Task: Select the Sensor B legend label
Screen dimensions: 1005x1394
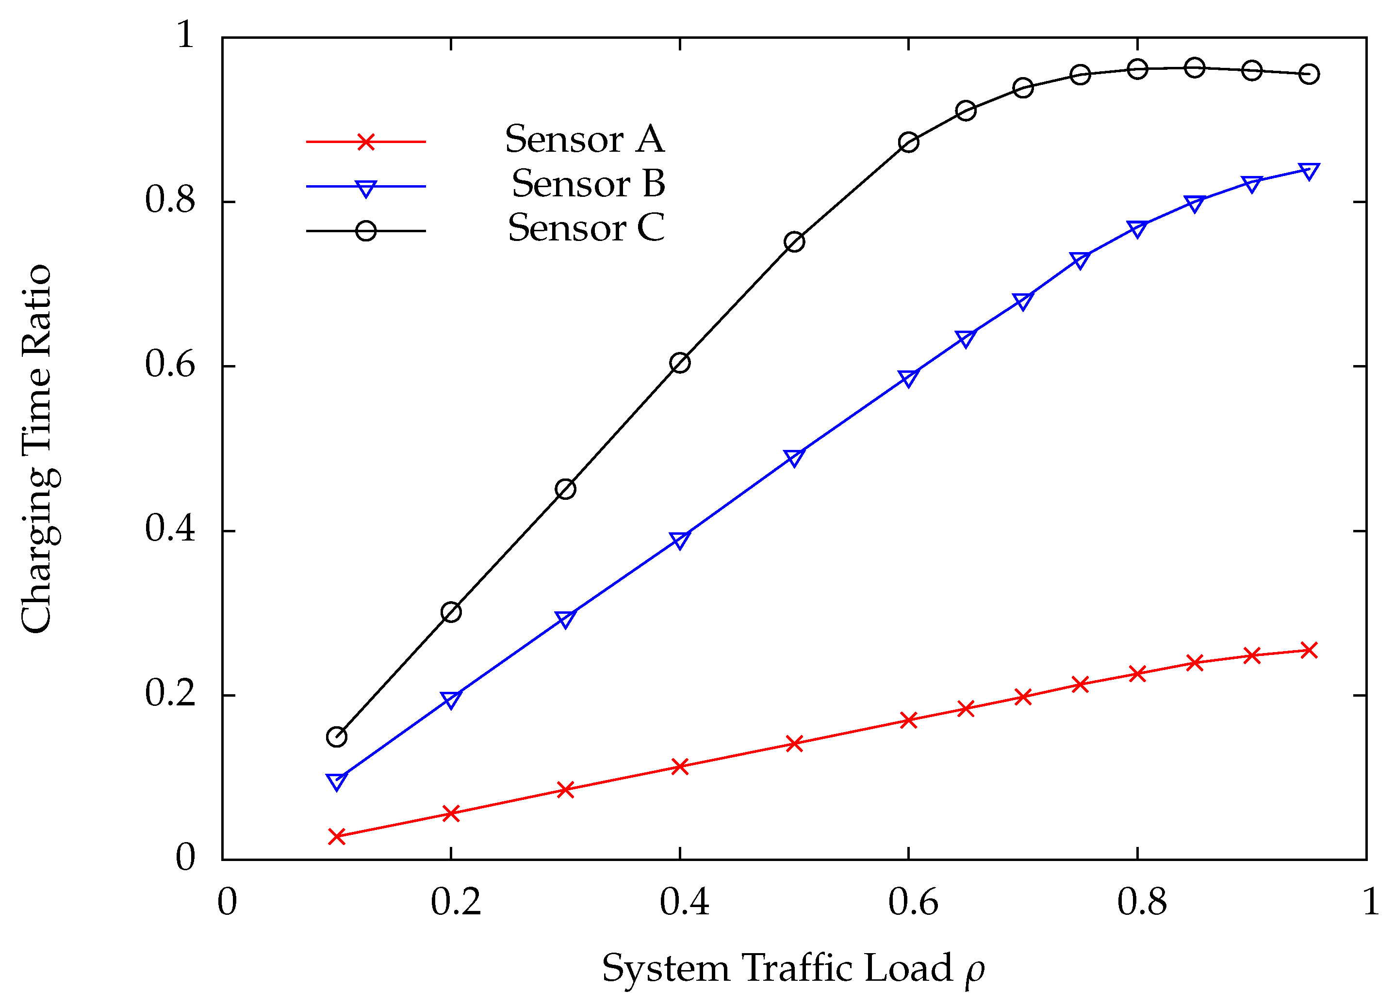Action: [x=588, y=184]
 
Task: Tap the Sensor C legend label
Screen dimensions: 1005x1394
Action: [x=586, y=228]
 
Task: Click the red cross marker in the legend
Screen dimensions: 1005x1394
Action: [x=366, y=142]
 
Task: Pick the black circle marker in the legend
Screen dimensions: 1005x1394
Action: [x=366, y=231]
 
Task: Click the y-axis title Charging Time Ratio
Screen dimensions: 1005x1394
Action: [x=38, y=448]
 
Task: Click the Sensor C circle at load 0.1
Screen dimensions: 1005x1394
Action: [x=336, y=736]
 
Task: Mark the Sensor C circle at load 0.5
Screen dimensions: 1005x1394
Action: [x=794, y=242]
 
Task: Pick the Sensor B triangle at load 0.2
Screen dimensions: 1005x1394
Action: [x=451, y=699]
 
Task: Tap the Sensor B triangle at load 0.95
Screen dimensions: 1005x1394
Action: [x=1309, y=171]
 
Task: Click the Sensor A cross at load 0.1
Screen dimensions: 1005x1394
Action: [x=336, y=836]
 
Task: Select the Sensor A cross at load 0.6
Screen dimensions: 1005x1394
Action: [x=908, y=720]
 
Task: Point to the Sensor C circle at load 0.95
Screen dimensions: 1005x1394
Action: [x=1309, y=74]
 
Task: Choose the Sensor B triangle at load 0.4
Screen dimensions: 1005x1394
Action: [x=680, y=540]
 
